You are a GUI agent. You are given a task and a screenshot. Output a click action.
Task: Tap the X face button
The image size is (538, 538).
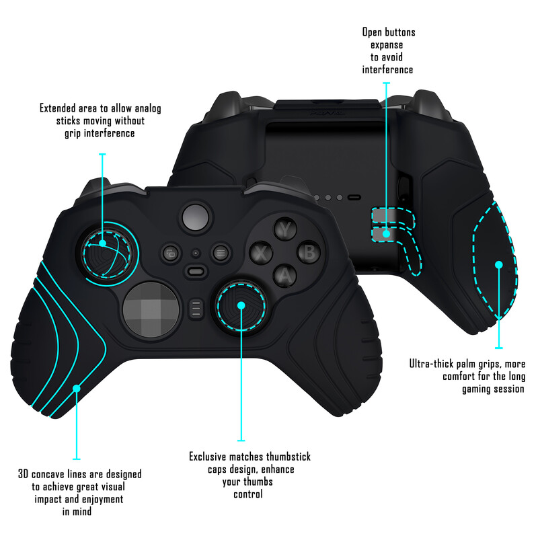pyautogui.click(x=261, y=254)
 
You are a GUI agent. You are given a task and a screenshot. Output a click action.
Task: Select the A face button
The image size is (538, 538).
pyautogui.click(x=286, y=275)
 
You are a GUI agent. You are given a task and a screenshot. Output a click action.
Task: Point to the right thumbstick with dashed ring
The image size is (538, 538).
pyautogui.click(x=241, y=307)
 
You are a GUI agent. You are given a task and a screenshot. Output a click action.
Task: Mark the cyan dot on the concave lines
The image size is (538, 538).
pyautogui.click(x=76, y=389)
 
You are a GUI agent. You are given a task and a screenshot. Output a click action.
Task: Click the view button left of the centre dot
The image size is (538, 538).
pyautogui.click(x=171, y=254)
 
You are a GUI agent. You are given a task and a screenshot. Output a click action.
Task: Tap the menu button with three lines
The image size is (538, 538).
pyautogui.click(x=220, y=254)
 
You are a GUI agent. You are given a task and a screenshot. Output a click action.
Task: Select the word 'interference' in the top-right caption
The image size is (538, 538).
pyautogui.click(x=387, y=70)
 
